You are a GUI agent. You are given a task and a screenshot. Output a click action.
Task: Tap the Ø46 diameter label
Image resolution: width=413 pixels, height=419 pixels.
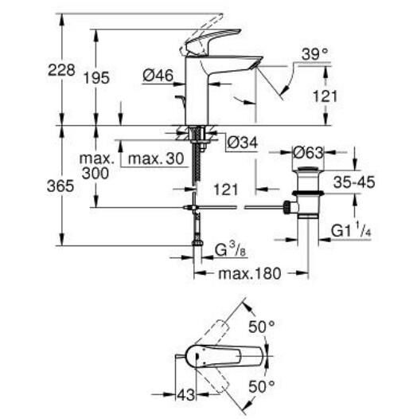coord(159,77)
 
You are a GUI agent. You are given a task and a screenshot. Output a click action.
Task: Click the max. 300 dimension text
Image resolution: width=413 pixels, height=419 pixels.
coord(95,166)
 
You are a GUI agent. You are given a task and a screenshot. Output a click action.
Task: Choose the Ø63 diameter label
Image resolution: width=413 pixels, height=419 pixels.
coord(306,152)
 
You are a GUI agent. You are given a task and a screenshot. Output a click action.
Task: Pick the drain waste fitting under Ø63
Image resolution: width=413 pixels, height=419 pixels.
coord(306,195)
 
